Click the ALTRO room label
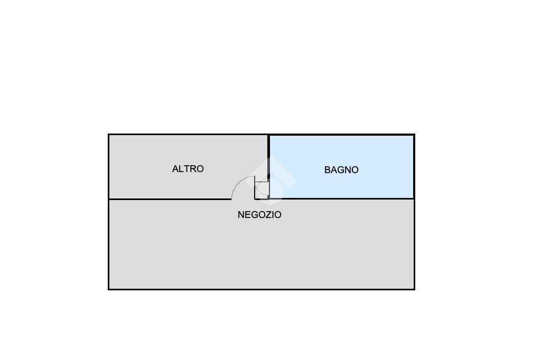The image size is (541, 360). (188, 169)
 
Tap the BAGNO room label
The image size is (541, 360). (341, 170)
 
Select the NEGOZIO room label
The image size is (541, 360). (259, 215)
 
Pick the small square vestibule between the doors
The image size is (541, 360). (262, 190)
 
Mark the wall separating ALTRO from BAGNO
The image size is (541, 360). (269, 158)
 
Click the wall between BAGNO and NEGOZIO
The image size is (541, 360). (343, 198)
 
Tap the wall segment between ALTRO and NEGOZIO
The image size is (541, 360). (169, 199)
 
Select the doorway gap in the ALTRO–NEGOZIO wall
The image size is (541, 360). (243, 199)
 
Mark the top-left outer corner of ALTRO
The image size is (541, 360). (109, 135)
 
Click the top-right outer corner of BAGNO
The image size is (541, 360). (414, 135)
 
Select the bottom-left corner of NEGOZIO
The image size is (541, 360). (109, 289)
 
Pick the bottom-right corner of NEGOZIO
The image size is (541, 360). (414, 289)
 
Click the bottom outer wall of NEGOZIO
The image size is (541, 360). (262, 289)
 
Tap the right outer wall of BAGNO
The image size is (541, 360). (414, 166)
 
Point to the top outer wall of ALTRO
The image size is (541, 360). (188, 135)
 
